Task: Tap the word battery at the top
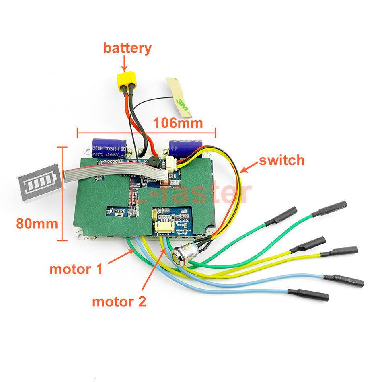pyautogui.click(x=127, y=48)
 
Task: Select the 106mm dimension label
pyautogui.click(x=178, y=123)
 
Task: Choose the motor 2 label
pyautogui.click(x=119, y=301)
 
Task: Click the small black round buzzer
pyautogui.click(x=154, y=162)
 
